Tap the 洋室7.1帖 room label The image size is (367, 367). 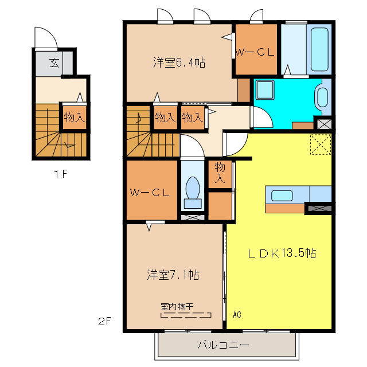(x=172, y=275)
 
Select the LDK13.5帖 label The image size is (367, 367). (x=282, y=253)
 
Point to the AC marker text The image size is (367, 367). (x=237, y=315)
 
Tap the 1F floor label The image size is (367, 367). (x=61, y=175)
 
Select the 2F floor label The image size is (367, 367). (x=104, y=322)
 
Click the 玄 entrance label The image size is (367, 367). (x=53, y=63)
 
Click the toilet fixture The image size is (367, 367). (x=192, y=190)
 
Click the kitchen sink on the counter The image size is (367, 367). (x=282, y=195)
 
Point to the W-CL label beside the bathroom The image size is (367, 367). (x=255, y=52)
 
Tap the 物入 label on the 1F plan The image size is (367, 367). (x=75, y=118)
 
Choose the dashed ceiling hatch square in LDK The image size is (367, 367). (x=321, y=145)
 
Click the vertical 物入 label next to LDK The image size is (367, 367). (x=220, y=173)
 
